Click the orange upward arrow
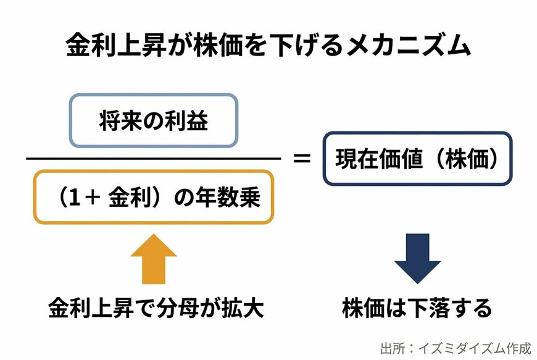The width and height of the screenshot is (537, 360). [x=154, y=259]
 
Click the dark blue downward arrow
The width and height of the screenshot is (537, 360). [x=417, y=259]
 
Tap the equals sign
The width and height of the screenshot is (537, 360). [x=302, y=159]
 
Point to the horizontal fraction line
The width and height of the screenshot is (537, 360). [x=154, y=159]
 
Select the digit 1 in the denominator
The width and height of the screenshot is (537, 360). [x=74, y=198]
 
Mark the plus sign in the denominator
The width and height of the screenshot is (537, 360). [x=93, y=198]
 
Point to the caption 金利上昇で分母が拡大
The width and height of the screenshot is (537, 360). [x=156, y=308]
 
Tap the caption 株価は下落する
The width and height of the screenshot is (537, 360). [x=417, y=308]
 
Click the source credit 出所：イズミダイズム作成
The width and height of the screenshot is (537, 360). [x=456, y=348]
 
